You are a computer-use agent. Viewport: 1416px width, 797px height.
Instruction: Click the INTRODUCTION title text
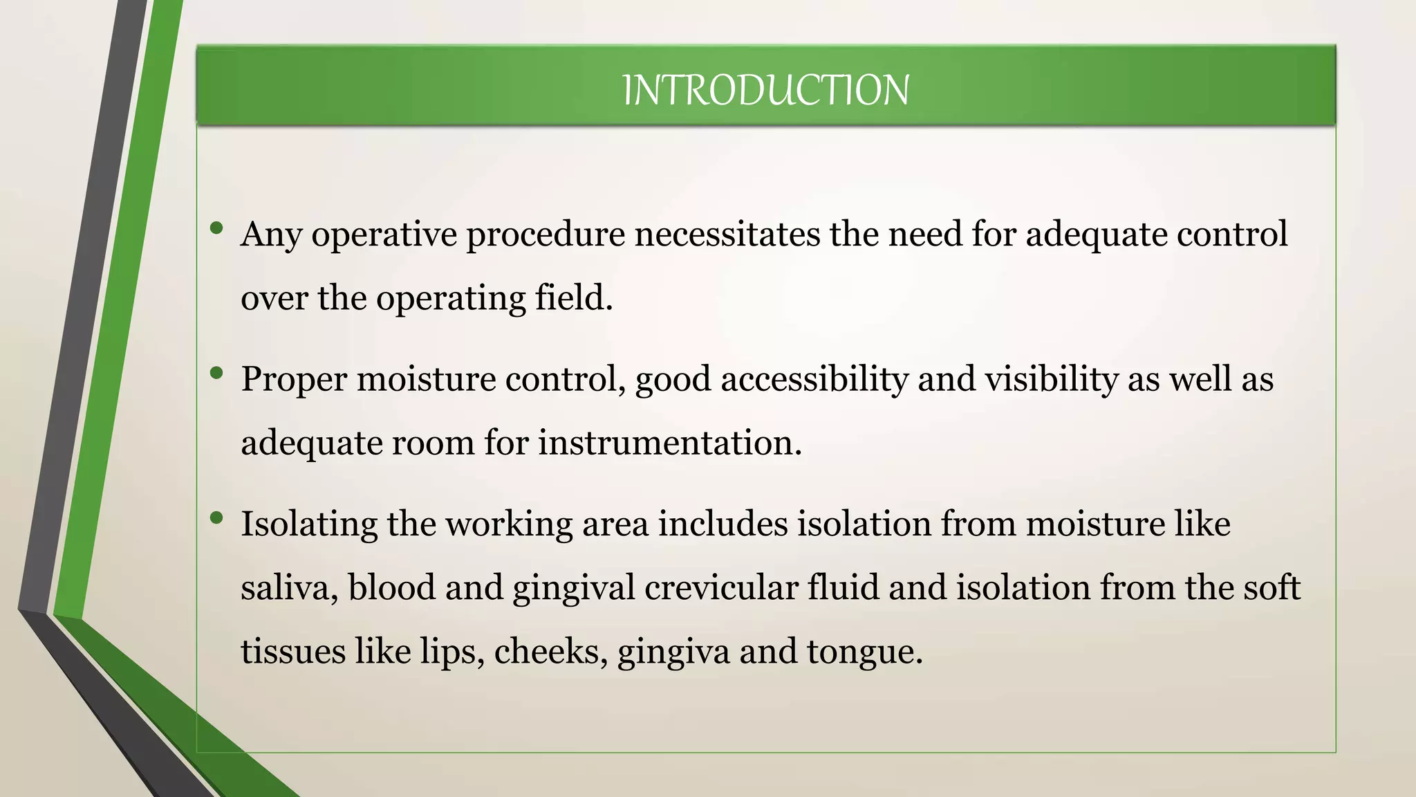[x=765, y=91]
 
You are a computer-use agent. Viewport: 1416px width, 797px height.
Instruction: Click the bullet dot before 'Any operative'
[x=216, y=228]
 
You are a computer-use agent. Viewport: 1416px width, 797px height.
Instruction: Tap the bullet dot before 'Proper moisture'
[x=216, y=373]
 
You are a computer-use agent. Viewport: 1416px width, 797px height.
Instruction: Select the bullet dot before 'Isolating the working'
[x=216, y=517]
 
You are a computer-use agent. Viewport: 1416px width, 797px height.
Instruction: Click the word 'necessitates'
[x=727, y=234]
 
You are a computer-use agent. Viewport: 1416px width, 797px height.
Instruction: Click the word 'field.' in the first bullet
[x=574, y=297]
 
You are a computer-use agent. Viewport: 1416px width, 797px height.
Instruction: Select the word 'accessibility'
[x=814, y=379]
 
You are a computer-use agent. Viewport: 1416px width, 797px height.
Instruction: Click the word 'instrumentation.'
[x=669, y=442]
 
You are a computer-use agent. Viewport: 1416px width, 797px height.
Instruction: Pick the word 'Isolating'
[x=309, y=524]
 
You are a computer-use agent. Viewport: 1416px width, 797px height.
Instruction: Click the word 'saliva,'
[x=289, y=587]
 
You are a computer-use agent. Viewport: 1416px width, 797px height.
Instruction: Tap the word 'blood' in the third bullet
[x=391, y=587]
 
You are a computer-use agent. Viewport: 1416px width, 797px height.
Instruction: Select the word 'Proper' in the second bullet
[x=293, y=380]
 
